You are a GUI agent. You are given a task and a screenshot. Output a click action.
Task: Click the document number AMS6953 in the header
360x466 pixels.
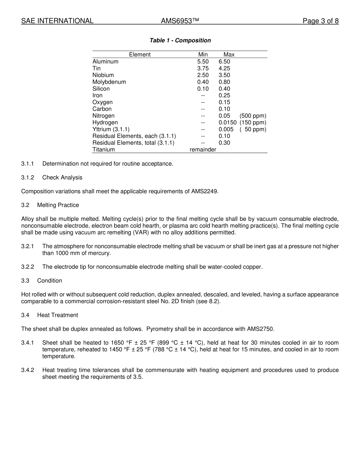click(x=180, y=21)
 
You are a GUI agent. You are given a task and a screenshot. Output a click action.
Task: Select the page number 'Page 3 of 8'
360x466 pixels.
click(x=320, y=21)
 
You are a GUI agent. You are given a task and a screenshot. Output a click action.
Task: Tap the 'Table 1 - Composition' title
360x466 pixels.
click(x=180, y=41)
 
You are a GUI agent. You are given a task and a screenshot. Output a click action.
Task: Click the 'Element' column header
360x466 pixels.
click(x=139, y=55)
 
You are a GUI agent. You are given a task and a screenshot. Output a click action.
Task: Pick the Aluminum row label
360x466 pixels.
click(x=105, y=62)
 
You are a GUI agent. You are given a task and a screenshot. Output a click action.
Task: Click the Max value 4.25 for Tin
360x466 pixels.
click(x=224, y=69)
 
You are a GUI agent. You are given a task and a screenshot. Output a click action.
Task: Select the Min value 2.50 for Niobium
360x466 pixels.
click(x=203, y=75)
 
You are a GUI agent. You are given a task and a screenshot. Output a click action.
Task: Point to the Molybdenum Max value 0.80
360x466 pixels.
click(x=224, y=82)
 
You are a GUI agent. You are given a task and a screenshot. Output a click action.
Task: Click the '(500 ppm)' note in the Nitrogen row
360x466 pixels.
click(x=253, y=116)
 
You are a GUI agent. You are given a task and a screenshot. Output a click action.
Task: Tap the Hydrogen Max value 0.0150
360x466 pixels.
click(x=227, y=123)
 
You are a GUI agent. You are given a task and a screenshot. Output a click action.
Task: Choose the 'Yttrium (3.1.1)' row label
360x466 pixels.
click(x=111, y=130)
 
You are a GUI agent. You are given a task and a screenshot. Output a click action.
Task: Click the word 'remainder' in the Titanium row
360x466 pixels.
click(x=203, y=150)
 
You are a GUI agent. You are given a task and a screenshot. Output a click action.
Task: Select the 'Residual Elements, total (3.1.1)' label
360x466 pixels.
click(x=133, y=143)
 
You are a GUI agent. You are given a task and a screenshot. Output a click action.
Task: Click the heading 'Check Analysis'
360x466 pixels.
click(x=62, y=178)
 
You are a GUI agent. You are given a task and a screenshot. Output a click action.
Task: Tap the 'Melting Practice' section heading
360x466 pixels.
click(x=58, y=205)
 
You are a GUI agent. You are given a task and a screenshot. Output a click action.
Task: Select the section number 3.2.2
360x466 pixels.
click(x=28, y=267)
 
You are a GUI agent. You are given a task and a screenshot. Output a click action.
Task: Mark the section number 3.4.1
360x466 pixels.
click(x=28, y=343)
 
